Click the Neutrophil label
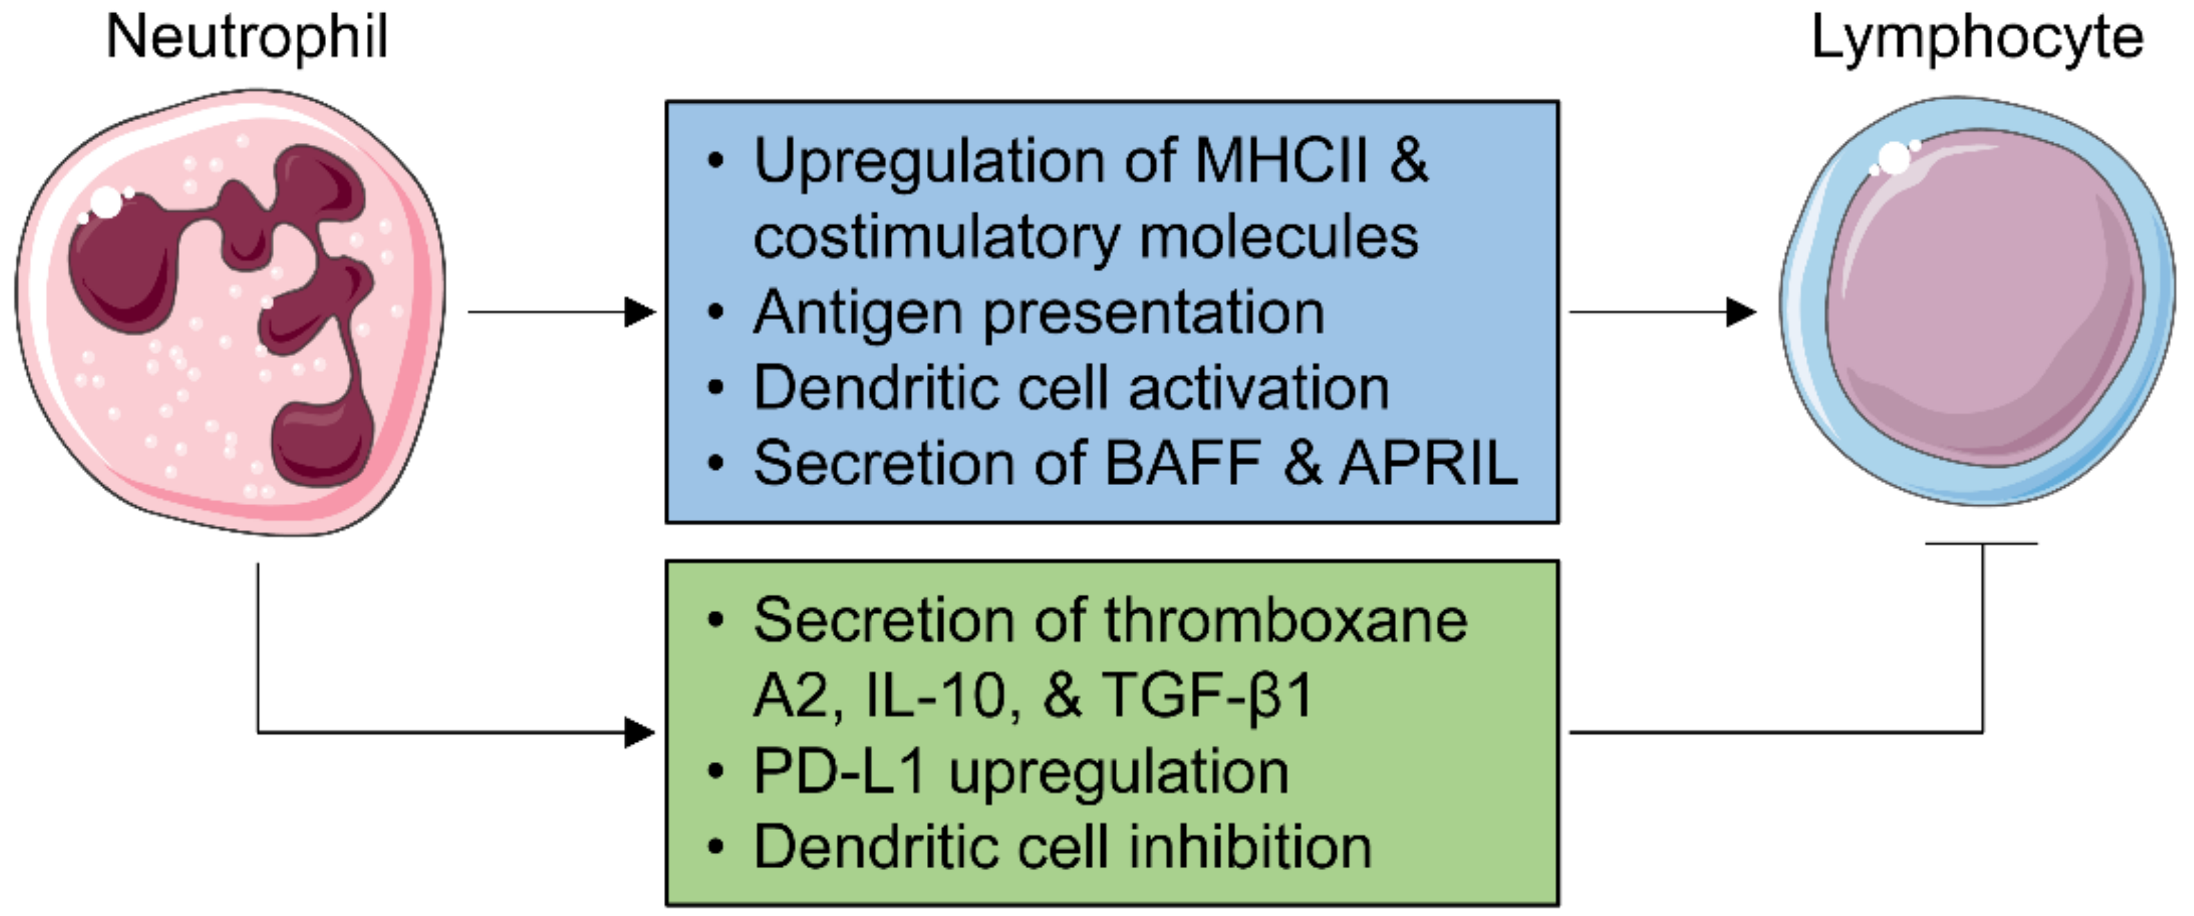[x=247, y=37]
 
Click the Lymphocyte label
[x=1977, y=39]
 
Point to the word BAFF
[x=1182, y=464]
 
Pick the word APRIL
[x=1428, y=464]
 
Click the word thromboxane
[x=1285, y=620]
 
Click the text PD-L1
[x=839, y=771]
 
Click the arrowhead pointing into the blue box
[x=640, y=312]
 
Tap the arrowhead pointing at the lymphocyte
[x=1742, y=312]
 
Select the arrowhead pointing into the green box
[x=640, y=732]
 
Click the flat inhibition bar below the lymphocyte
[x=1982, y=543]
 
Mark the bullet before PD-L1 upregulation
[x=715, y=772]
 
